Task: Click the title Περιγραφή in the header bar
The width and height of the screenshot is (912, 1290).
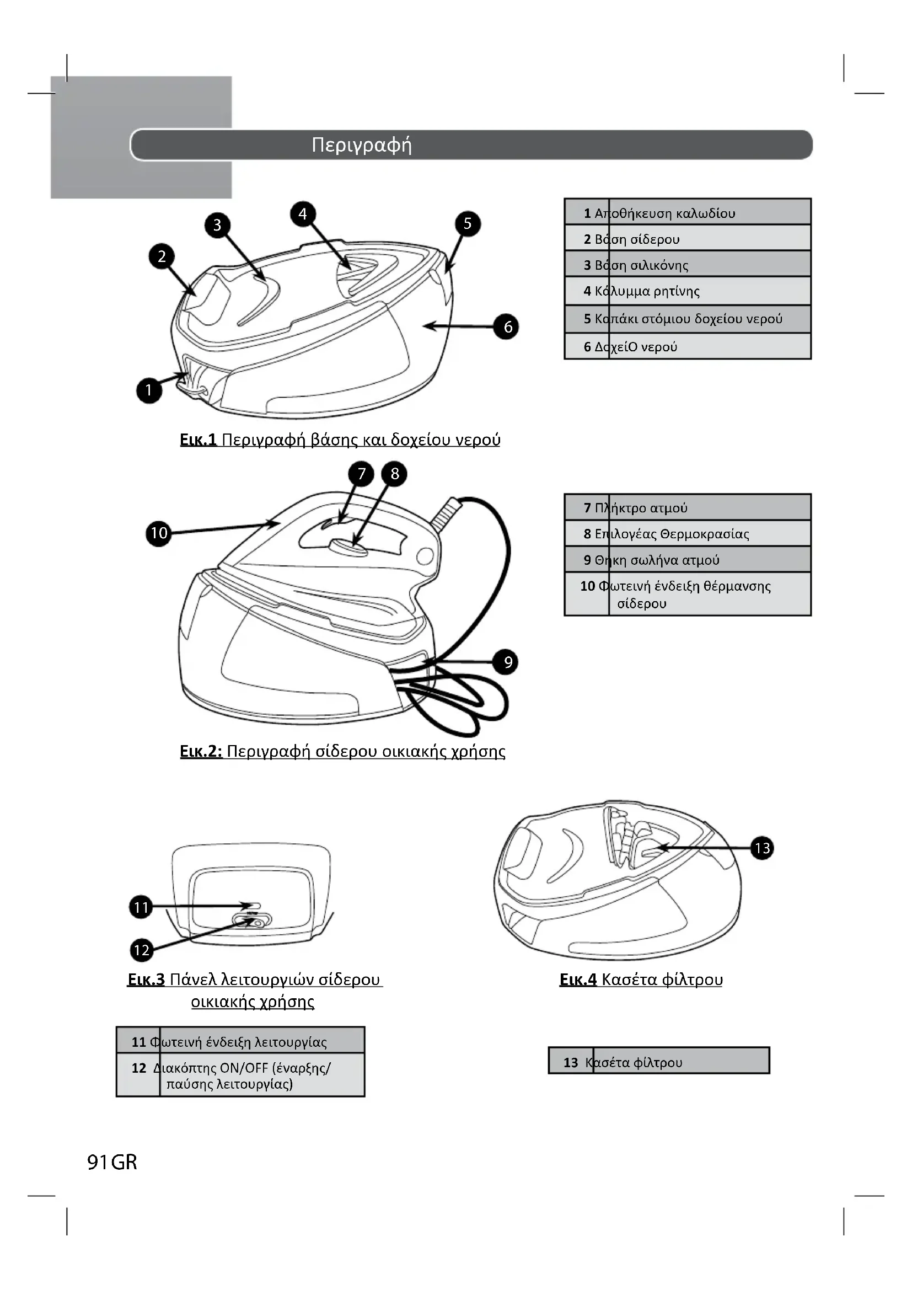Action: [x=362, y=146]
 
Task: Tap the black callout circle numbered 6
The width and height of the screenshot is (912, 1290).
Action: [x=507, y=326]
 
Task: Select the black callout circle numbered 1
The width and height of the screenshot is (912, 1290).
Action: [x=149, y=390]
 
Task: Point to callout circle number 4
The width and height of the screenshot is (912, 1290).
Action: [x=303, y=214]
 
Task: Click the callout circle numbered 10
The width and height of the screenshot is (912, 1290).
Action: [x=158, y=533]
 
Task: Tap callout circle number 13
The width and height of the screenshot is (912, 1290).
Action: [x=762, y=848]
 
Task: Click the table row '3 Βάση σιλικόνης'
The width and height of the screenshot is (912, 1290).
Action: [x=688, y=264]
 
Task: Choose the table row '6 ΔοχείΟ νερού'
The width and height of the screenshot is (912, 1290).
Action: [x=688, y=346]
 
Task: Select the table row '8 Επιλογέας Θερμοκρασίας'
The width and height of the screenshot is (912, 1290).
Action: [x=688, y=533]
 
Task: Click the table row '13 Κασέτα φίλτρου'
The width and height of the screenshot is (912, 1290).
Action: [x=659, y=1060]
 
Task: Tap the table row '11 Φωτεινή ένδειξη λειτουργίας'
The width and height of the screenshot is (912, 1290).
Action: [x=240, y=1041]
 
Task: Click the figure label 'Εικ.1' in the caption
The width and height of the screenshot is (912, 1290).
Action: [x=199, y=440]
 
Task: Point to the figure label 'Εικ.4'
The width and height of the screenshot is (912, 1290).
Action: [x=578, y=980]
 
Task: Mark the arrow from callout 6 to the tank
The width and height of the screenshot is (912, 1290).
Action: [x=458, y=326]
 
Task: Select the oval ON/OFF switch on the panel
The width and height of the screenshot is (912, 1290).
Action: [x=252, y=920]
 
